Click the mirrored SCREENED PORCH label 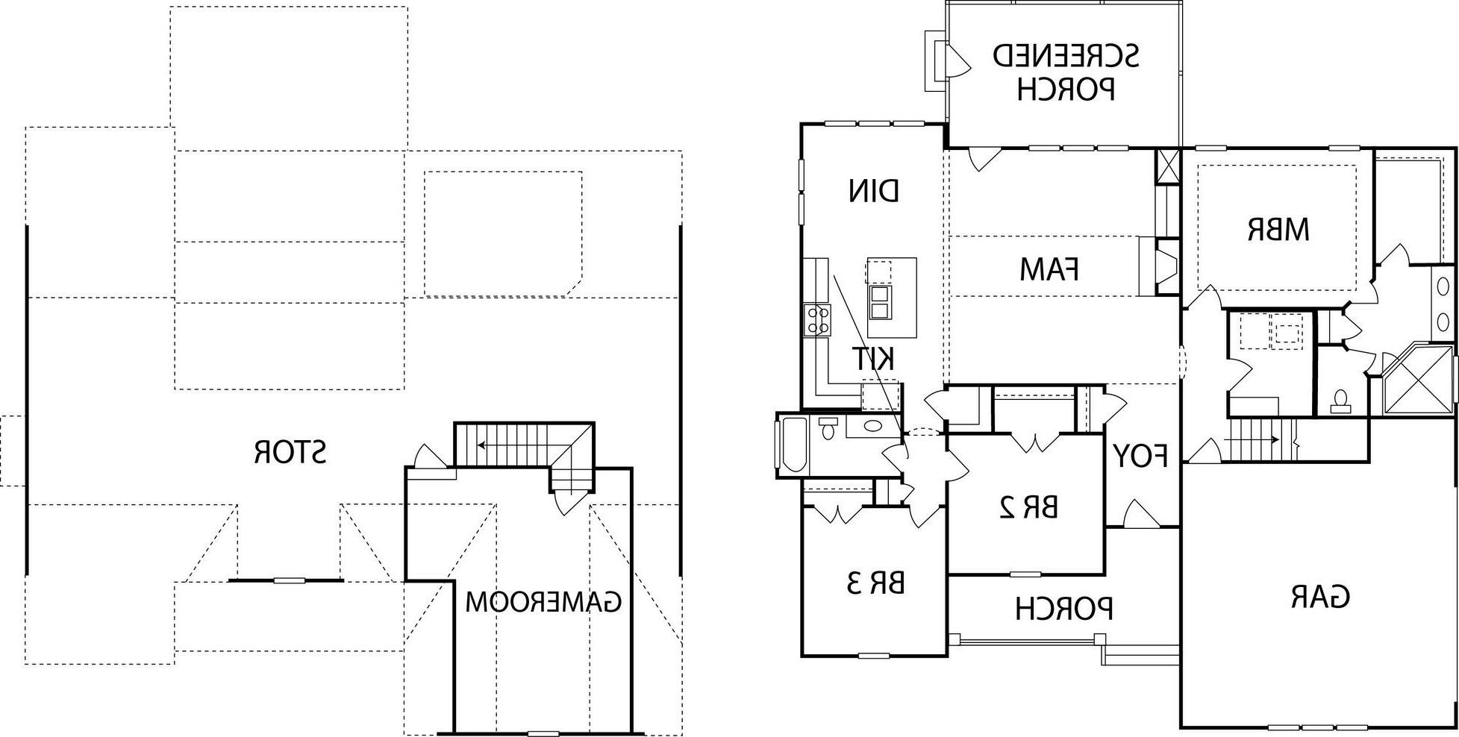[x=1066, y=72]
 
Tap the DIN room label [x=874, y=191]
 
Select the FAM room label [x=1049, y=269]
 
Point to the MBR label [x=1278, y=230]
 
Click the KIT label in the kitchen [x=873, y=360]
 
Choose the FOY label [x=1140, y=455]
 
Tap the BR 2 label [x=1028, y=507]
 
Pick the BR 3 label [x=875, y=583]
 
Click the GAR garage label [x=1319, y=596]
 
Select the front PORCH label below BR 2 [x=1064, y=609]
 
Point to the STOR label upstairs [x=290, y=453]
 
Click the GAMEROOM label [x=543, y=601]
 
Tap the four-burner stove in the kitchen [x=817, y=321]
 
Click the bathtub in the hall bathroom [x=793, y=445]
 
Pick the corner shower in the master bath [x=1413, y=380]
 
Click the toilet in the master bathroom [x=1340, y=401]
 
